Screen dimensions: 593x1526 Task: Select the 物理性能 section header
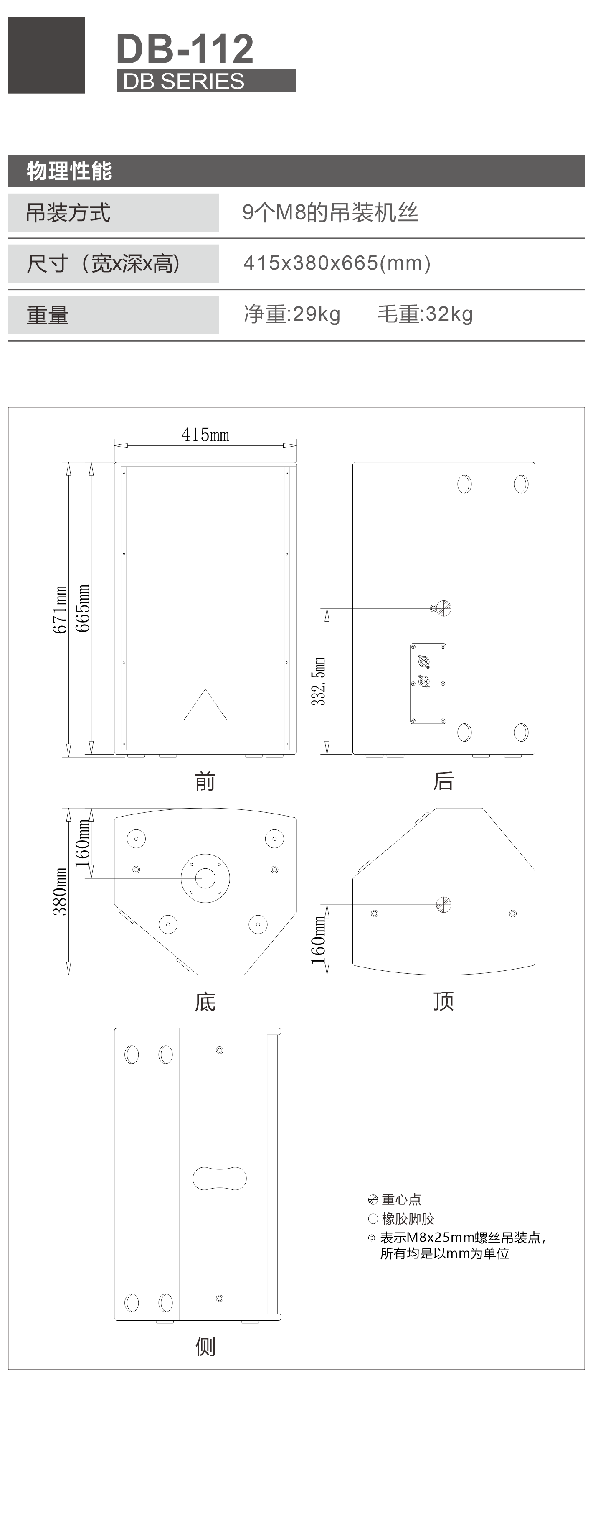69,171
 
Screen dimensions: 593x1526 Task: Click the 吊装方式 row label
68,213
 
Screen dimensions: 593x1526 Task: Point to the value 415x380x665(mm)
337,263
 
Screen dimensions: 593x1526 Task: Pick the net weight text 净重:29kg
292,314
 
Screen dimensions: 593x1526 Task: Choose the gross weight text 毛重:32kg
425,314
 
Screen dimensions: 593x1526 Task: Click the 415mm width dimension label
205,435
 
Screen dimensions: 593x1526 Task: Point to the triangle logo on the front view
205,704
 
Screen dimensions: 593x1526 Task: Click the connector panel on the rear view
428,684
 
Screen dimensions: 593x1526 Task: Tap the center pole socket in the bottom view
205,878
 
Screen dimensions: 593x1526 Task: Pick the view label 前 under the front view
205,781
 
